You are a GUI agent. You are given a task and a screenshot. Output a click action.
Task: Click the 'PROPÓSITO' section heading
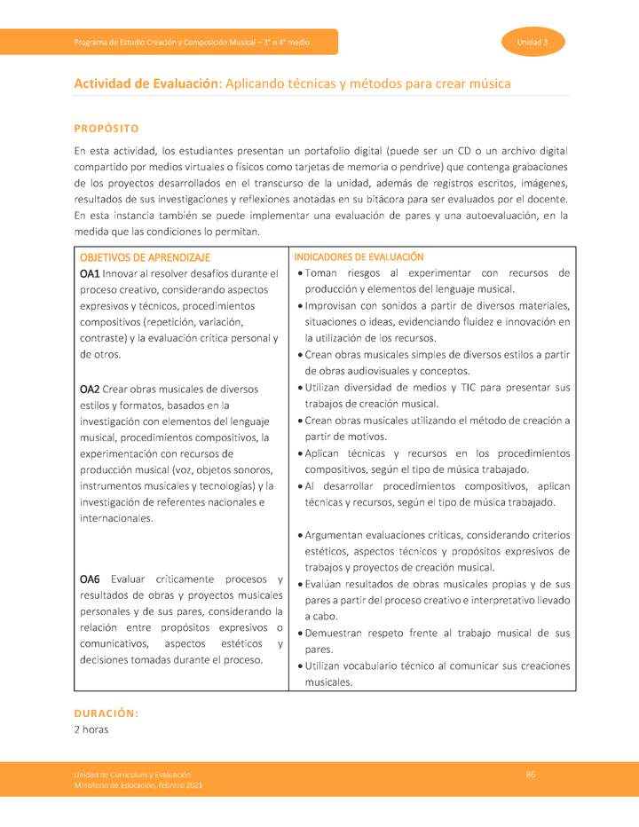106,129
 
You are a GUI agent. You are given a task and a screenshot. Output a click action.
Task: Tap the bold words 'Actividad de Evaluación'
146,83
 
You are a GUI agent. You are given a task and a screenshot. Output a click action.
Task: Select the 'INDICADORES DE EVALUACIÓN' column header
359,256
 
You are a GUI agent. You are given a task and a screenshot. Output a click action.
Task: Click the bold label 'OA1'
90,273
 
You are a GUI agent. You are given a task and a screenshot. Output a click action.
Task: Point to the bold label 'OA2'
90,389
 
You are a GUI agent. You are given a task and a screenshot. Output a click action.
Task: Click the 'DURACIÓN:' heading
106,713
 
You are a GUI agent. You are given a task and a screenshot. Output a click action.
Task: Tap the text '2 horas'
91,729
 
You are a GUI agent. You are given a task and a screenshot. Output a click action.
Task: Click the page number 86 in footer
530,775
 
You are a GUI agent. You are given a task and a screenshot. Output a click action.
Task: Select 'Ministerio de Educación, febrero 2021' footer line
138,786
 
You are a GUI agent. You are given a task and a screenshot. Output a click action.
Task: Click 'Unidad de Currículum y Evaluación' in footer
131,776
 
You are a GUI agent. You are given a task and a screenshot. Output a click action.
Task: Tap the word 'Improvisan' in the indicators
330,306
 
